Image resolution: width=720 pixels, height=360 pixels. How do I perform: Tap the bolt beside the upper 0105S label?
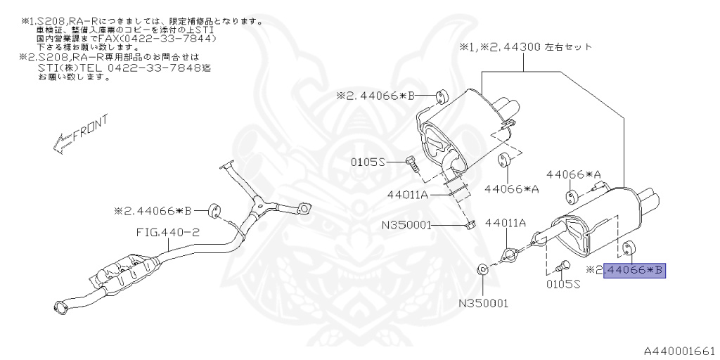tap(411, 163)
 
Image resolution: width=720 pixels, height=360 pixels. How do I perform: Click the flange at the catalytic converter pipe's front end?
tap(62, 305)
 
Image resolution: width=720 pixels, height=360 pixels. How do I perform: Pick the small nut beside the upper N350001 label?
tap(470, 224)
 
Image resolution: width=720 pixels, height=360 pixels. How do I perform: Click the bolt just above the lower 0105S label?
tap(561, 266)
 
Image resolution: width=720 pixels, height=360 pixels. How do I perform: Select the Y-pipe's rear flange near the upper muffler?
tap(304, 207)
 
